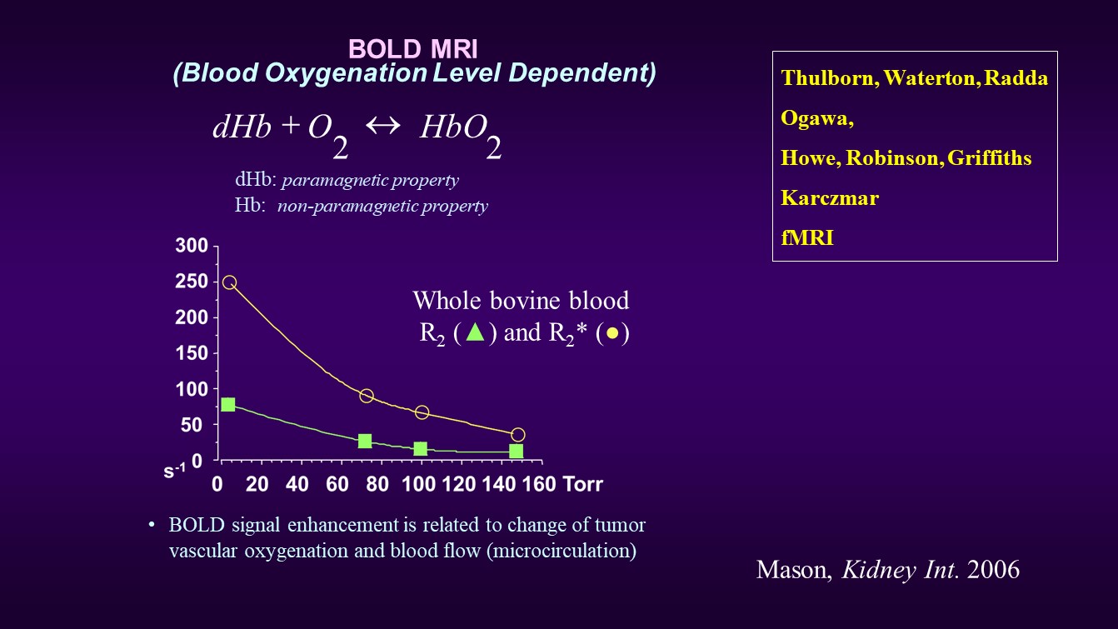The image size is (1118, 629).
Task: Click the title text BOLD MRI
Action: point(412,49)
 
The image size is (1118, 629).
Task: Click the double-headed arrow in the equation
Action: point(383,125)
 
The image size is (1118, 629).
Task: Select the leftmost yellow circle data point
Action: point(229,282)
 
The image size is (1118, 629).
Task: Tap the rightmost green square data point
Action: point(516,452)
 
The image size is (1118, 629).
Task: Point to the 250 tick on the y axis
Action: point(191,282)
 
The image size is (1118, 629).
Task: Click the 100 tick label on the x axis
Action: point(418,484)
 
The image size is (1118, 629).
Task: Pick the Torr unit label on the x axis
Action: point(582,484)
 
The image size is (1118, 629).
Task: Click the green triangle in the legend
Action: point(475,332)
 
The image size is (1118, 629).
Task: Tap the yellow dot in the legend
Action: point(612,333)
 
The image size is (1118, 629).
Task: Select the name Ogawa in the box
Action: point(814,118)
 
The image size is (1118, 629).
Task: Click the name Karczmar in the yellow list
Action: point(830,198)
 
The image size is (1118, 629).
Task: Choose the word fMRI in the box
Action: point(807,237)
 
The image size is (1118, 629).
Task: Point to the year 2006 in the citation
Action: point(993,570)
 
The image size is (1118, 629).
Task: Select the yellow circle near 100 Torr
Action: point(422,412)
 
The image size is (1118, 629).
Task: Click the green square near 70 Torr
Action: point(365,441)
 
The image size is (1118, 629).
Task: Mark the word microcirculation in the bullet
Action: point(561,551)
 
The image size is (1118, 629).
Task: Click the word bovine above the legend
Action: point(525,301)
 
